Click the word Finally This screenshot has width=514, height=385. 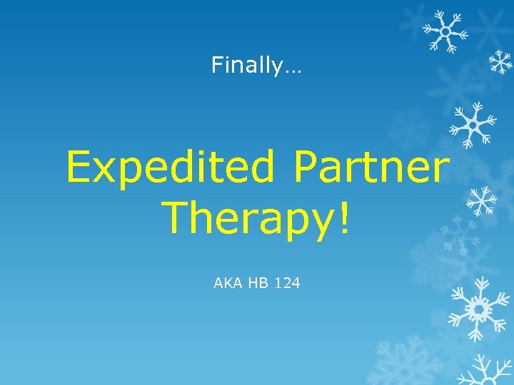pyautogui.click(x=247, y=66)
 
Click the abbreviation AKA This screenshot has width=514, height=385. pyautogui.click(x=228, y=283)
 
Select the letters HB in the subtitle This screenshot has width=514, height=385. pyautogui.click(x=259, y=283)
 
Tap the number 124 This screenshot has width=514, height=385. pyautogui.click(x=288, y=283)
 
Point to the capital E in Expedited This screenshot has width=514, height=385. pyautogui.click(x=78, y=167)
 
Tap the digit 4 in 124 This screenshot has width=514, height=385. pyautogui.click(x=296, y=283)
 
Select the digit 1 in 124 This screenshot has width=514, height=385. pyautogui.click(x=279, y=283)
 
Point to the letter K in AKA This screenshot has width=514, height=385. pyautogui.click(x=228, y=283)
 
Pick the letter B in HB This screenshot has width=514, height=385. pyautogui.click(x=264, y=283)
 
